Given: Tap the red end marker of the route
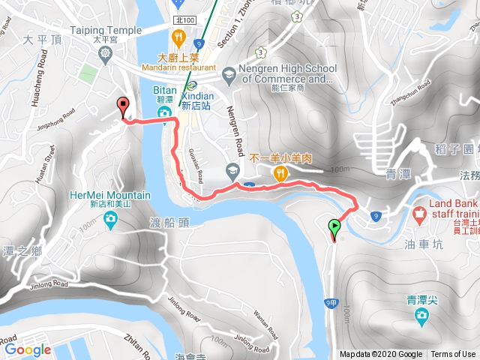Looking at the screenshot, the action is [123, 106].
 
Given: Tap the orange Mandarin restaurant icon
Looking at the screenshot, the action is [178, 37].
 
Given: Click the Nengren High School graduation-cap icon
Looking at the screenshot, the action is [226, 74].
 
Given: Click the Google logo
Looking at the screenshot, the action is [27, 349].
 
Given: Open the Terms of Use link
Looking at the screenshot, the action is [452, 354].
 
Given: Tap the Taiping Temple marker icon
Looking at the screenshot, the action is [106, 54].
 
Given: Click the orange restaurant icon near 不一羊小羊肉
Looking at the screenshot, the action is [280, 174].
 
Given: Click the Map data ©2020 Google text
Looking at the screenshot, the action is [380, 354].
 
